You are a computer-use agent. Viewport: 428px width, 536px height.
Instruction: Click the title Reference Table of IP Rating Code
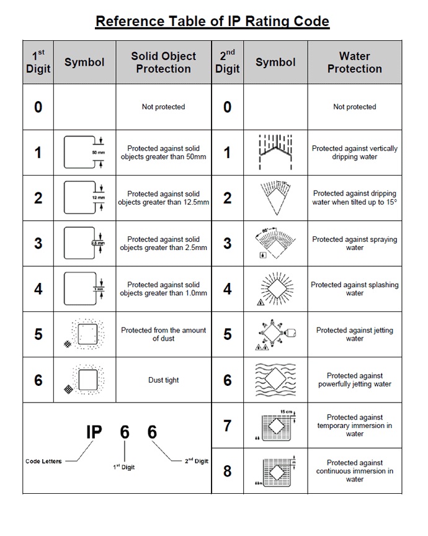212,22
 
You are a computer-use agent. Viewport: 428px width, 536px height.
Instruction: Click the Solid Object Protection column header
163,63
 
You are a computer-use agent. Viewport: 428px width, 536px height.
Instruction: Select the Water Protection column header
354,63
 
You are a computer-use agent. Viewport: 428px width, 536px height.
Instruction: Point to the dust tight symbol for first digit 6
83,379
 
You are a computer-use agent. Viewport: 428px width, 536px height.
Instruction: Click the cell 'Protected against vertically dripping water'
354,153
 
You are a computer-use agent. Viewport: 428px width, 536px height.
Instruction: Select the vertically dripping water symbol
275,152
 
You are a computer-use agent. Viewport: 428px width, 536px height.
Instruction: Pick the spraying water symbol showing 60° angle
275,243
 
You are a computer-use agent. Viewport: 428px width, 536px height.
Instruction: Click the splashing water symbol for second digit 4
275,288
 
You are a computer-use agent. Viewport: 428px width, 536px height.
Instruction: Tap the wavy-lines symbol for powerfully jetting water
275,379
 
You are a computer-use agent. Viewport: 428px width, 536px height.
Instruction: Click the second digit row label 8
227,471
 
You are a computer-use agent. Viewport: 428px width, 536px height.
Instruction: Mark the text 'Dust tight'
163,380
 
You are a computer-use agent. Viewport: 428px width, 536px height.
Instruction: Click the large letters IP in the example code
93,432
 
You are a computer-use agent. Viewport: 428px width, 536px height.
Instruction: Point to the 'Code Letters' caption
43,461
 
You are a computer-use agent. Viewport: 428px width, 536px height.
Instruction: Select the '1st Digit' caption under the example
124,467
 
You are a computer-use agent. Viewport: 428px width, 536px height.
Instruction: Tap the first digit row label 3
38,243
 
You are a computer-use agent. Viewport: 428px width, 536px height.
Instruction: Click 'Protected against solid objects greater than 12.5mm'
163,198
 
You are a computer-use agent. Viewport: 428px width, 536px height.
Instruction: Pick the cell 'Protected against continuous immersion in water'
354,471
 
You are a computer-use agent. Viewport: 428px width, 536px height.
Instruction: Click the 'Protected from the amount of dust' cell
163,334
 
